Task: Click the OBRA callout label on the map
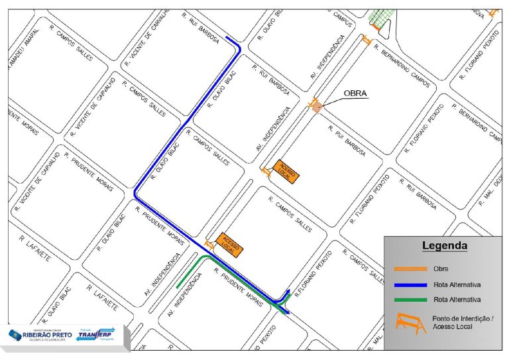click(355, 93)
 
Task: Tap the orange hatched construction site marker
click(317, 106)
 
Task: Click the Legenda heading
click(445, 246)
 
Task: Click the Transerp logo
click(95, 335)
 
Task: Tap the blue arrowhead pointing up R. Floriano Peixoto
click(288, 292)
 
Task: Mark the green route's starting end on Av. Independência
click(178, 286)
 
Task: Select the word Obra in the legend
click(441, 269)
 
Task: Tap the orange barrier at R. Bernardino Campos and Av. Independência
click(367, 40)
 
